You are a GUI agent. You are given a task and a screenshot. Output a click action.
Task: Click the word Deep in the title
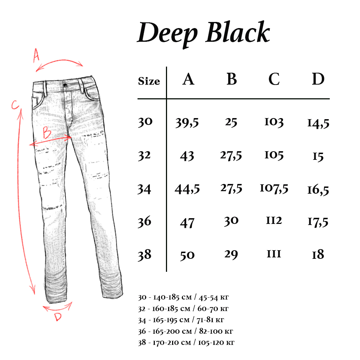pyautogui.click(x=167, y=33)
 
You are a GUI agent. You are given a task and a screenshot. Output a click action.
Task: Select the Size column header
pyautogui.click(x=149, y=81)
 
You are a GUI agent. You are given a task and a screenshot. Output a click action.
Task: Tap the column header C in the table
pyautogui.click(x=274, y=80)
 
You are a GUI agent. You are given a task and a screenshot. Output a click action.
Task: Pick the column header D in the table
pyautogui.click(x=318, y=80)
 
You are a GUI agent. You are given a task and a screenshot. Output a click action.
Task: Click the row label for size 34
pyautogui.click(x=145, y=189)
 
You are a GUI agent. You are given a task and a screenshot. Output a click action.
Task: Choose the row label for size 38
pyautogui.click(x=145, y=255)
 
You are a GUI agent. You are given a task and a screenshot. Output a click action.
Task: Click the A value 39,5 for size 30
pyautogui.click(x=187, y=123)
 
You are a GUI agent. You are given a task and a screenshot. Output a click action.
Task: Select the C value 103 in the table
pyautogui.click(x=274, y=122)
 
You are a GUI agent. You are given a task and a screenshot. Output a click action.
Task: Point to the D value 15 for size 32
pyautogui.click(x=318, y=157)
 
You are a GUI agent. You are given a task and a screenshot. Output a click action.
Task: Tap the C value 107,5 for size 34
pyautogui.click(x=274, y=188)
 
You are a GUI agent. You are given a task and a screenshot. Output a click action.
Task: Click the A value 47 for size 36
pyautogui.click(x=187, y=223)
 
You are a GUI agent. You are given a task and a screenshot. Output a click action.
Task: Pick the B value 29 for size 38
pyautogui.click(x=231, y=255)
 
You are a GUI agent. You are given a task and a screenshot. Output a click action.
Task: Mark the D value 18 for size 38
pyautogui.click(x=318, y=255)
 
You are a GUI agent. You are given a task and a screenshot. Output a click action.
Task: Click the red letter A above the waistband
pyautogui.click(x=36, y=55)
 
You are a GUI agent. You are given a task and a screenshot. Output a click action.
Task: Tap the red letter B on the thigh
pyautogui.click(x=47, y=133)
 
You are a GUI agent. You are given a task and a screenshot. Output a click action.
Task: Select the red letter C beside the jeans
pyautogui.click(x=15, y=105)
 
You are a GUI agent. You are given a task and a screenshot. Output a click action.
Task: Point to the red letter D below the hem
pyautogui.click(x=58, y=317)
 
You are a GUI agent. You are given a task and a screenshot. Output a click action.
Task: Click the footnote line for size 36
pyautogui.click(x=187, y=331)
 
